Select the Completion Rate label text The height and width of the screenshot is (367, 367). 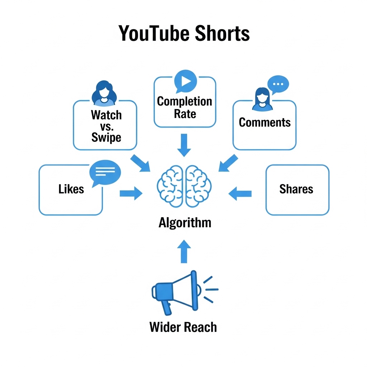(185, 108)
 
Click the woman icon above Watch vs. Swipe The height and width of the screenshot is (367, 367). (104, 93)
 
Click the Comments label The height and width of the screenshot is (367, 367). (264, 122)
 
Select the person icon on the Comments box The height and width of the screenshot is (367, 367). (262, 99)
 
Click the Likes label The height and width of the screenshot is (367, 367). (71, 189)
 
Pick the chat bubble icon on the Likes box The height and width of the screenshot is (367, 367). (105, 173)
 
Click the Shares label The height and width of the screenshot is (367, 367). (296, 189)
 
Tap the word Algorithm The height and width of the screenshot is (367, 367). (185, 223)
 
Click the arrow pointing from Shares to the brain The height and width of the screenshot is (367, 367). (240, 194)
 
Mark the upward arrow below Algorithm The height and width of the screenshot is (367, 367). (184, 252)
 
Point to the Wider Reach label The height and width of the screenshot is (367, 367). (183, 327)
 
